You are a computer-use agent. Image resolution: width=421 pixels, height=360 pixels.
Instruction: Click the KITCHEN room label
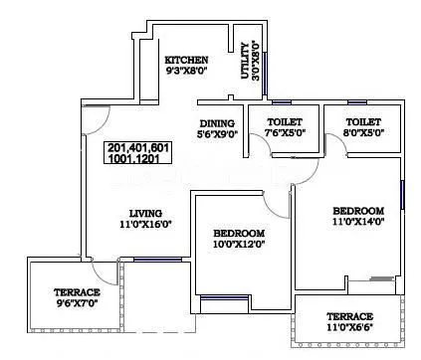click(x=186, y=60)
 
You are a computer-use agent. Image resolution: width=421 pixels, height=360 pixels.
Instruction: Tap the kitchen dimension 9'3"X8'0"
click(x=186, y=72)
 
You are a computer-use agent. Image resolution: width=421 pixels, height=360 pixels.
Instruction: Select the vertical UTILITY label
click(x=244, y=60)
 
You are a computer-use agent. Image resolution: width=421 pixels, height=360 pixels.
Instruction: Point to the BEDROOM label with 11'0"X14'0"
click(x=358, y=211)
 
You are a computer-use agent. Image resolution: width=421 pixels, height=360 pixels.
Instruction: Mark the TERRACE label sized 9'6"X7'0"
click(x=76, y=292)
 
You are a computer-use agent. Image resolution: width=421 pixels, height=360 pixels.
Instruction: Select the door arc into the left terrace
click(x=104, y=269)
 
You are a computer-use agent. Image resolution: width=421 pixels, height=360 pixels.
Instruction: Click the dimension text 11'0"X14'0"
click(x=358, y=224)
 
